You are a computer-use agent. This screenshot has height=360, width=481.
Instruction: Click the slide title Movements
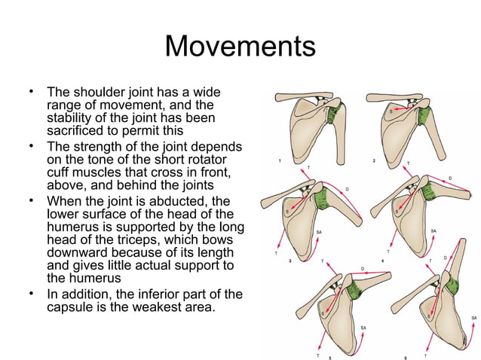[240, 47]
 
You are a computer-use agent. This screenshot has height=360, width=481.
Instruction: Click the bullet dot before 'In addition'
[31, 291]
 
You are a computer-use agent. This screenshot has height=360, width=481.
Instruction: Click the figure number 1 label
[280, 161]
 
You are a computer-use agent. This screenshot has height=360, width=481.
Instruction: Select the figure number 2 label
[374, 161]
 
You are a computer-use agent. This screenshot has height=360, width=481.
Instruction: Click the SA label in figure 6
[473, 318]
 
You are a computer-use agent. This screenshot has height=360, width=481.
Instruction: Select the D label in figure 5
[363, 267]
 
